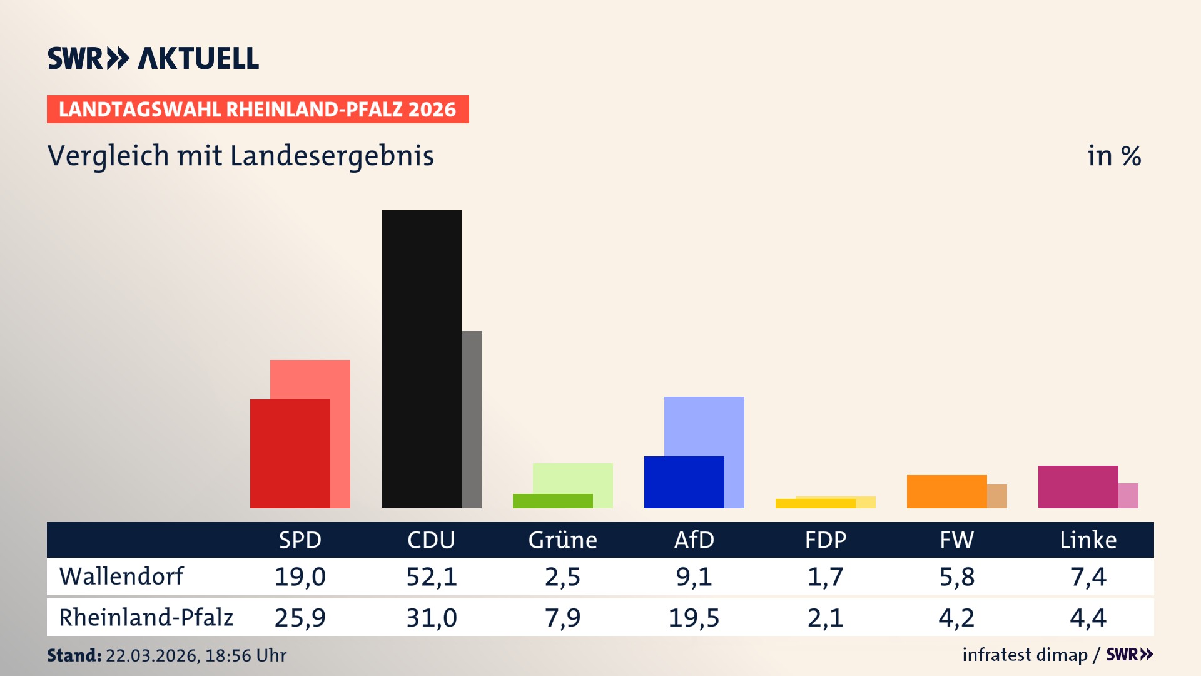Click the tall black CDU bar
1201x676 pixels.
(x=421, y=359)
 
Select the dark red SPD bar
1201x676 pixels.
(x=290, y=453)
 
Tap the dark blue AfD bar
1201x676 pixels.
(x=684, y=482)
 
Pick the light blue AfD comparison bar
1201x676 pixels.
(x=704, y=426)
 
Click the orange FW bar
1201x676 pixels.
(x=946, y=491)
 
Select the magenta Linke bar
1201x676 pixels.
(x=1078, y=486)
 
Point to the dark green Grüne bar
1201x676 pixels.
(x=552, y=501)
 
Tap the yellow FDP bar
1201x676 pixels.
(x=815, y=503)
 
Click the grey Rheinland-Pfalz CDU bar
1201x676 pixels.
(x=472, y=419)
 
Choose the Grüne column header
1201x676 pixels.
(x=562, y=540)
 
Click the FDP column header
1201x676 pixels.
(x=825, y=540)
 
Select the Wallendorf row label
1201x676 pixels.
(x=121, y=576)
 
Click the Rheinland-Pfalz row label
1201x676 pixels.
(x=146, y=617)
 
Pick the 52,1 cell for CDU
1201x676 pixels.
(x=431, y=576)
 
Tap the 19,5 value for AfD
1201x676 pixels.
(x=694, y=618)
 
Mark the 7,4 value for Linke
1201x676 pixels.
(x=1088, y=576)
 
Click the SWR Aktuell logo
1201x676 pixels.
(x=153, y=58)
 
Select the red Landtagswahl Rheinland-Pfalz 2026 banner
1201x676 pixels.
(x=258, y=109)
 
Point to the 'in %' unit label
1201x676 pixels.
(x=1113, y=156)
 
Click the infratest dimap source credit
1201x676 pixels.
(x=1025, y=655)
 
